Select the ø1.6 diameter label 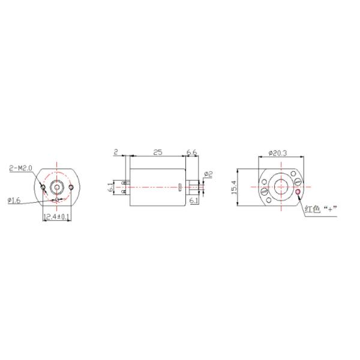click(x=14, y=201)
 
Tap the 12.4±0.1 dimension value click(x=56, y=217)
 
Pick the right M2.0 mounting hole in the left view click(x=71, y=187)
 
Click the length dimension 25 click(x=158, y=153)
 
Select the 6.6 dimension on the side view click(x=192, y=153)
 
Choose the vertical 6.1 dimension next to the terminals click(x=111, y=187)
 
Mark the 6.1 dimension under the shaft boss click(x=193, y=200)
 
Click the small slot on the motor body click(x=180, y=187)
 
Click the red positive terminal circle click(x=297, y=192)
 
